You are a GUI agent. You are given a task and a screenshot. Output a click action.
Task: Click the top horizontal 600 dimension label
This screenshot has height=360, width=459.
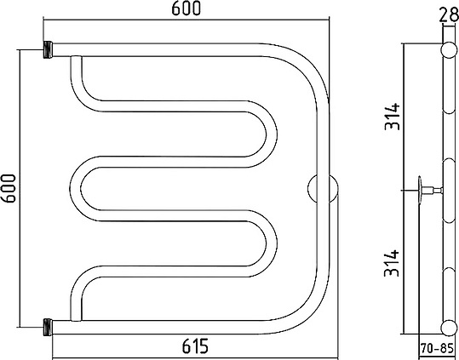186,8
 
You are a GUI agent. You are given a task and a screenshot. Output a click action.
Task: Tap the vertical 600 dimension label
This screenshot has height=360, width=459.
8,188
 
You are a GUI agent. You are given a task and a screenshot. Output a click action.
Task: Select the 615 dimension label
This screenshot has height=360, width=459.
195,346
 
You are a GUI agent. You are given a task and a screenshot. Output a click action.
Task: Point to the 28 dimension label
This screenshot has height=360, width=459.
449,14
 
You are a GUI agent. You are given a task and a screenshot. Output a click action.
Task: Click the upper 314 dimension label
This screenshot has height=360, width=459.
392,117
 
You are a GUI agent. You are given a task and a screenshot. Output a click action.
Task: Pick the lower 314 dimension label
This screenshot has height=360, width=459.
392,263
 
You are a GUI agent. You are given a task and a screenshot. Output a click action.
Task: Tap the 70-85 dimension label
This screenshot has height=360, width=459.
437,349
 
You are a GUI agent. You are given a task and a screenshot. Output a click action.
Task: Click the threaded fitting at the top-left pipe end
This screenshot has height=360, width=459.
49,49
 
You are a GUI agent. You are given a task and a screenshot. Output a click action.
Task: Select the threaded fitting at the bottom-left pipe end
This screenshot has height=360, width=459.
49,328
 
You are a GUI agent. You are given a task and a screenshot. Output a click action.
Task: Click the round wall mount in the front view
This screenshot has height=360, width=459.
323,189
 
